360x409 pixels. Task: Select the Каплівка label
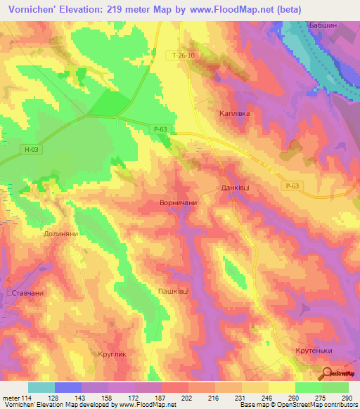[x=232, y=112]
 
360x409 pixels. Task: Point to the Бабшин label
[x=323, y=25]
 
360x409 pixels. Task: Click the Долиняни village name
[x=60, y=233]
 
